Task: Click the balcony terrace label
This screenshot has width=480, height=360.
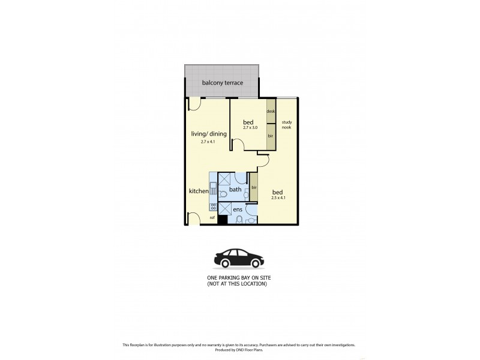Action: tap(223, 83)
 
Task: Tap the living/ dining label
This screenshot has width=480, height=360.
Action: tap(209, 134)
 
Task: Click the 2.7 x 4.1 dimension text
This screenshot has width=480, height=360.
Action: tap(208, 142)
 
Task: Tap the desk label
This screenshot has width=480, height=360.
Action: tap(271, 112)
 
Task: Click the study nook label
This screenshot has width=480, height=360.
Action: tap(286, 124)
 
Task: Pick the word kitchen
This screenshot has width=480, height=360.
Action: tap(199, 191)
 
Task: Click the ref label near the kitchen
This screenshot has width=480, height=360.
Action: tap(212, 218)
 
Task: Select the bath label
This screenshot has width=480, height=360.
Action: tap(235, 190)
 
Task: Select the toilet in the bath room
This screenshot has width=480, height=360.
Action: tap(223, 194)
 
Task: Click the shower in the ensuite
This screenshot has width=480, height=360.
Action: tap(225, 209)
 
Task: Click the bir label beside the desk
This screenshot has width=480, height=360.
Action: tap(271, 136)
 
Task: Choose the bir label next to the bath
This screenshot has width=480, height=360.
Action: tap(254, 188)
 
